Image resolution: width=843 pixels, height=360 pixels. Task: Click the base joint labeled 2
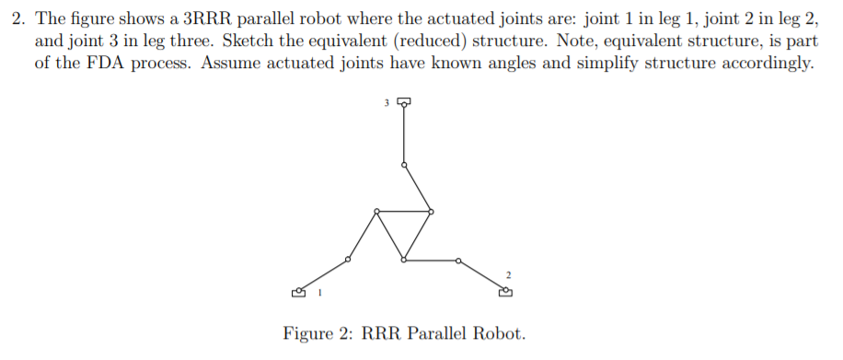[505, 292]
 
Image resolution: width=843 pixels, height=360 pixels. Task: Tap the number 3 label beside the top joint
[387, 100]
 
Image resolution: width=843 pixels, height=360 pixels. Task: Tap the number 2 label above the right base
[507, 274]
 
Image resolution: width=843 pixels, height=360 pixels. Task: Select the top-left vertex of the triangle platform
[375, 212]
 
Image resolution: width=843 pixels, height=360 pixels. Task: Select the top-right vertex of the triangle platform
[431, 212]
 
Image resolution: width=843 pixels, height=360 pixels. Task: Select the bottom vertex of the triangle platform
[404, 261]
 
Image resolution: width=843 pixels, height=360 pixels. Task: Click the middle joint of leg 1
[347, 260]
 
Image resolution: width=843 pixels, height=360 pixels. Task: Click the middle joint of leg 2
[458, 261]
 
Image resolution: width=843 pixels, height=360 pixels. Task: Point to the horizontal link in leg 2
[431, 261]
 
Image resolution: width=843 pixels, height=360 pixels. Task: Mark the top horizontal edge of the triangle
[403, 212]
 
